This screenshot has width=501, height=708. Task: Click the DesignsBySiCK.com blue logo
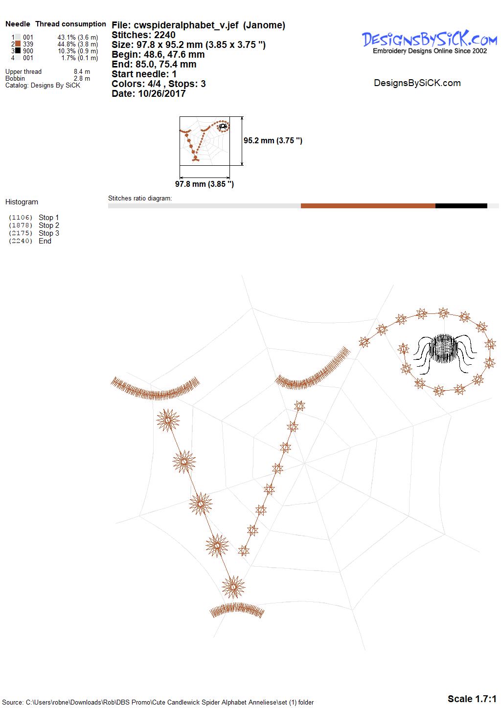430,39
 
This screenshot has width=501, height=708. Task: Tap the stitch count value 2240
165,35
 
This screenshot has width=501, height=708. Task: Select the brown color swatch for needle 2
18,44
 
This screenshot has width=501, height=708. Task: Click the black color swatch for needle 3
18,50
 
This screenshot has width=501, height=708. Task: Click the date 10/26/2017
161,93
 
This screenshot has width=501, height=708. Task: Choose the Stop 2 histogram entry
49,225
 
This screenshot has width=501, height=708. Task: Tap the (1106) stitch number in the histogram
21,218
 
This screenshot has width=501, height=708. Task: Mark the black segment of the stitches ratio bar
461,206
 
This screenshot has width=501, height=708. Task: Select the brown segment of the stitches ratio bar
368,206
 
